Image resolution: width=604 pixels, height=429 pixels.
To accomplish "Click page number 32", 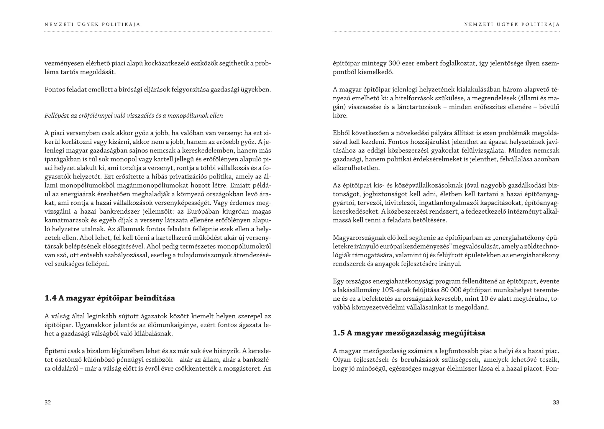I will [48, 402].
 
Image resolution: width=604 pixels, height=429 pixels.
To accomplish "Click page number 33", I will [556, 402].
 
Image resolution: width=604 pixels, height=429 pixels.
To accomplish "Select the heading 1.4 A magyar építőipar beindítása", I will [110, 298].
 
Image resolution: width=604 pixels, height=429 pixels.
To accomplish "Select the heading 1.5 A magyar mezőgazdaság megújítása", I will [409, 333].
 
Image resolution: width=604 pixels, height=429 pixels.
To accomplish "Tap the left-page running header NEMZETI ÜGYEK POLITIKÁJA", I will [92, 24].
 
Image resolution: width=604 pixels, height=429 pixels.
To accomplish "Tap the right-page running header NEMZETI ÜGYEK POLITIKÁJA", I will [512, 24].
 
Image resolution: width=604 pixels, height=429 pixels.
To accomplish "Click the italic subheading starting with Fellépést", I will [134, 116].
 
